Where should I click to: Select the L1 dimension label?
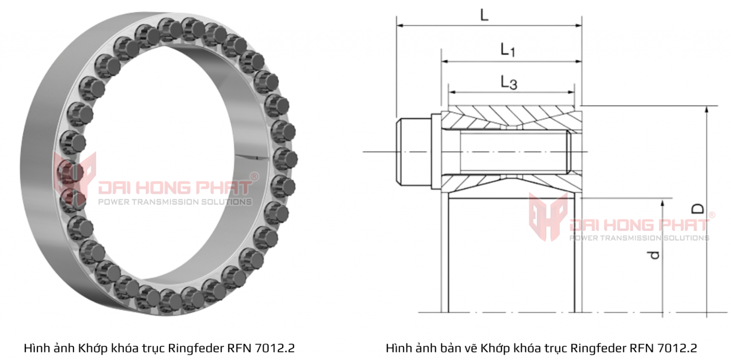(x=507, y=50)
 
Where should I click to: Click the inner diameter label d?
(x=655, y=255)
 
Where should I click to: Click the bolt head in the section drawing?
(x=414, y=151)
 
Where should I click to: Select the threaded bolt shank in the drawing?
(x=514, y=152)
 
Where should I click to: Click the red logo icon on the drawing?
(x=548, y=217)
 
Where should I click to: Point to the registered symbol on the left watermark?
(x=254, y=177)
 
